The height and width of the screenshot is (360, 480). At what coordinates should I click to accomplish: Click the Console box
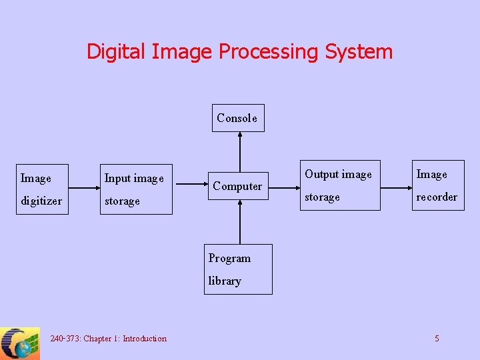(238, 118)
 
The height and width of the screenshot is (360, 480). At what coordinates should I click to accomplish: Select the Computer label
(237, 186)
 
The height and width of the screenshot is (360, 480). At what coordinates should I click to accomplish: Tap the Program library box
(239, 269)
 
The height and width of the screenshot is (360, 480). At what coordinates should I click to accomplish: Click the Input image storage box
(136, 189)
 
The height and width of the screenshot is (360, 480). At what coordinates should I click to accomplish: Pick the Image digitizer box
(42, 189)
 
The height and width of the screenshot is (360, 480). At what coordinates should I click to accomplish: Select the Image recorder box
(437, 185)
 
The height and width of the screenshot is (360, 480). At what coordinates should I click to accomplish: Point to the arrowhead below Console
(240, 135)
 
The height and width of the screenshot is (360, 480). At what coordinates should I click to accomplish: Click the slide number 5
(437, 339)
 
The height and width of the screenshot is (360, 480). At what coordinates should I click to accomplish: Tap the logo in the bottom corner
(20, 343)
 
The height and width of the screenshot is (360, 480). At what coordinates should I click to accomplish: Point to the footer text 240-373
(65, 339)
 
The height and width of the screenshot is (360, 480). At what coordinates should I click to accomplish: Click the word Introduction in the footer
(145, 339)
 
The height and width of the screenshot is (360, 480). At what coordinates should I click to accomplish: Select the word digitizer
(41, 201)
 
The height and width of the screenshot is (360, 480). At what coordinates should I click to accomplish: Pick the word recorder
(437, 197)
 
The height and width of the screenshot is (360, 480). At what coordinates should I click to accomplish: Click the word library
(225, 281)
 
